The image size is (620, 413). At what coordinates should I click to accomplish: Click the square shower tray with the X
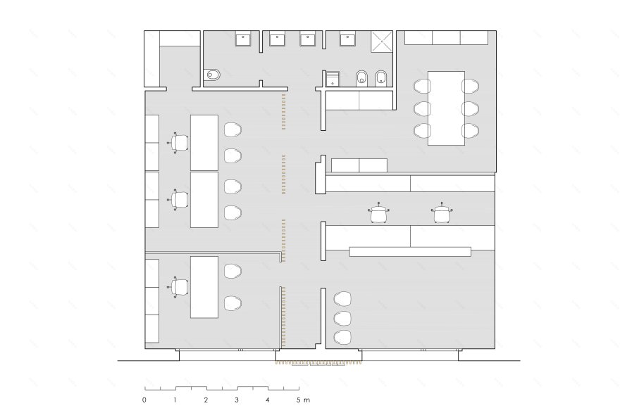pos(382,42)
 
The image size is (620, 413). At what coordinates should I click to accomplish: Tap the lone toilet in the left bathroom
pos(212,75)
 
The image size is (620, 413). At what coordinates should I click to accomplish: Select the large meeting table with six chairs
pos(447,108)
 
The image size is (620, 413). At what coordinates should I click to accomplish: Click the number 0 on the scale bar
pos(144,400)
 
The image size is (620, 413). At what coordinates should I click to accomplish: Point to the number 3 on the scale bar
pos(237,400)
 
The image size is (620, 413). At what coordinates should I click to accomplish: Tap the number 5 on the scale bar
pos(299,400)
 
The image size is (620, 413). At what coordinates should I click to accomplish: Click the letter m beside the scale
pos(307,400)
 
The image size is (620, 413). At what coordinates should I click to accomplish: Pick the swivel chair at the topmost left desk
pos(178,143)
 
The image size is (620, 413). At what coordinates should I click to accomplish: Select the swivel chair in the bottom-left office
pos(178,286)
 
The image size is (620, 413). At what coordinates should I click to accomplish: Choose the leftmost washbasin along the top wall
pos(242,39)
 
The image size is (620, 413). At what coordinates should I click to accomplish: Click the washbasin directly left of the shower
pos(348,39)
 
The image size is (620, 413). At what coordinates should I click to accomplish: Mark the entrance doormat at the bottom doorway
pos(319,363)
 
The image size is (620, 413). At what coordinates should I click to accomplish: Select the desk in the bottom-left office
pos(204,287)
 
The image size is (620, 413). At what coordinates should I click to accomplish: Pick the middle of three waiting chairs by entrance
pos(342,318)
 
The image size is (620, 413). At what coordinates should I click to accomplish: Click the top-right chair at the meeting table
pos(471,86)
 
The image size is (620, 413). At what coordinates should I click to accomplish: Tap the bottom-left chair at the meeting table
pos(422,131)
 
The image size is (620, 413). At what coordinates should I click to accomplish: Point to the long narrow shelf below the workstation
pos(410,251)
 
